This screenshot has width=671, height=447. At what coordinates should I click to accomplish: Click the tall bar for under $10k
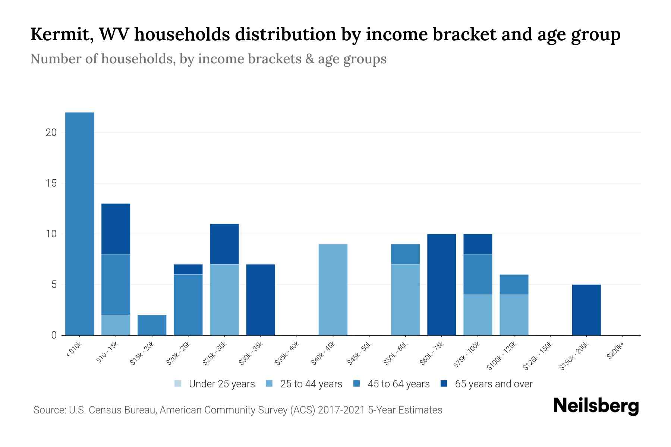(x=79, y=223)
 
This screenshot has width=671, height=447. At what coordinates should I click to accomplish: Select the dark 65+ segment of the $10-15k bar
(x=116, y=229)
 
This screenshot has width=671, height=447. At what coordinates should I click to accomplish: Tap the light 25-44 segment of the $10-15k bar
(x=116, y=325)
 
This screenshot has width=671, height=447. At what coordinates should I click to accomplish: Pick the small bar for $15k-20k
(x=152, y=325)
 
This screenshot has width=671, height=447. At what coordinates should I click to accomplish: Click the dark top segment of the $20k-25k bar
(x=188, y=269)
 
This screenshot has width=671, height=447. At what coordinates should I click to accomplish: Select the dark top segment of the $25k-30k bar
(x=224, y=244)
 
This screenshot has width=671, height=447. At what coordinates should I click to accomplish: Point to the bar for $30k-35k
(x=261, y=300)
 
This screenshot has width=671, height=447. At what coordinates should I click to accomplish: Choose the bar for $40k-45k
(x=333, y=290)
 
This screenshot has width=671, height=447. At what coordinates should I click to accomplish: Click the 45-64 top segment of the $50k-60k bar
(x=405, y=254)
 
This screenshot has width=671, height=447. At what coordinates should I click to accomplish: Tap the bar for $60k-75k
(x=441, y=285)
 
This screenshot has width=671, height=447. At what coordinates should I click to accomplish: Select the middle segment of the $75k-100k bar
(x=478, y=275)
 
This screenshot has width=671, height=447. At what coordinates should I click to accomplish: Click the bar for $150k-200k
(x=586, y=310)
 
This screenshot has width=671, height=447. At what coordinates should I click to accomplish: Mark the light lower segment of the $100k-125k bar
(x=514, y=315)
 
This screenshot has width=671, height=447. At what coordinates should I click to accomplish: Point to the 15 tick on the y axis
(x=51, y=183)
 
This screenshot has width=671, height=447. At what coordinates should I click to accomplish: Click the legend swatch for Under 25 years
(x=178, y=383)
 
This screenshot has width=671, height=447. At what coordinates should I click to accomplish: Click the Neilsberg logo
(x=596, y=406)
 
